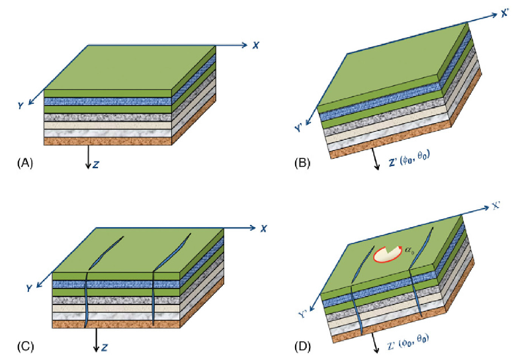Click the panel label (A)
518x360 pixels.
(25, 161)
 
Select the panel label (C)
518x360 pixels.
(25, 344)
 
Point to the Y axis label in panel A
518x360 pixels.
(21, 105)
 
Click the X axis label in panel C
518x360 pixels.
(263, 228)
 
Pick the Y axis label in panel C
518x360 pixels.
(29, 288)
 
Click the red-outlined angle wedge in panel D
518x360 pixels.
(385, 253)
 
